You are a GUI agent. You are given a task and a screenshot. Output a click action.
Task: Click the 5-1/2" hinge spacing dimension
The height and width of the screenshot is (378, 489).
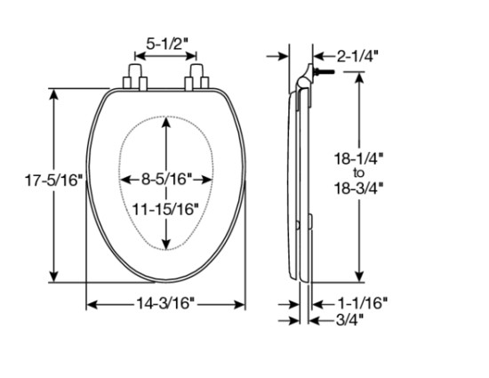point(166,41)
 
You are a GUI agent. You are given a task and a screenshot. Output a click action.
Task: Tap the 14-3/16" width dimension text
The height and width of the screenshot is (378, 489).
point(166,305)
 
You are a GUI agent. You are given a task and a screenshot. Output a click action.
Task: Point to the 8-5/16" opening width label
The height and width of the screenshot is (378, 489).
point(166,179)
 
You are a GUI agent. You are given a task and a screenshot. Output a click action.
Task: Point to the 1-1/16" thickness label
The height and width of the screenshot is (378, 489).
point(362,304)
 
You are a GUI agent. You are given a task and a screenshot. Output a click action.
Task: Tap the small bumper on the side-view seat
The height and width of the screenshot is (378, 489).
point(312,220)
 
